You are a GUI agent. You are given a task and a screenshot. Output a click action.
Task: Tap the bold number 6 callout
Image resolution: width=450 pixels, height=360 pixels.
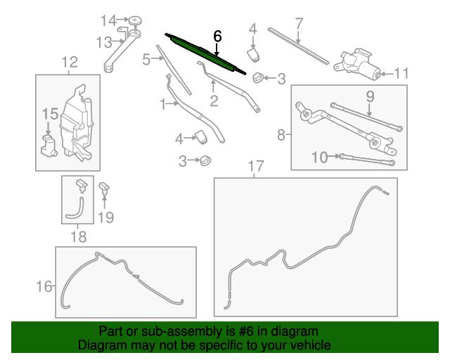pos(217,35)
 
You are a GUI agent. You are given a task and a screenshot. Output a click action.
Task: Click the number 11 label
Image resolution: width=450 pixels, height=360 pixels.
pos(401,72)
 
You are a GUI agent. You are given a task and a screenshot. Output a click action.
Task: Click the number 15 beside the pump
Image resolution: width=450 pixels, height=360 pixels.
pos(49,114)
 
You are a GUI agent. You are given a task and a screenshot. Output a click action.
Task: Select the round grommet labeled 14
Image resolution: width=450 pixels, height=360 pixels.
pos(134,20)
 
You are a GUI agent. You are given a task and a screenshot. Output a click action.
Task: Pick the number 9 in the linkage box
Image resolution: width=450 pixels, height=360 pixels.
pos(370,96)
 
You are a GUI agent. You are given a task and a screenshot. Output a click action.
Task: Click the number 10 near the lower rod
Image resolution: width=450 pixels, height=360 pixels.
pos(320,157)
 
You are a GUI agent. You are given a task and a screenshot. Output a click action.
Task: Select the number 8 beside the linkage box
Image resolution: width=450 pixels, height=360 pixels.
pos(281,134)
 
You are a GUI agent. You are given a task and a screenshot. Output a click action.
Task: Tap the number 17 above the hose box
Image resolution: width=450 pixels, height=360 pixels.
pos(255,166)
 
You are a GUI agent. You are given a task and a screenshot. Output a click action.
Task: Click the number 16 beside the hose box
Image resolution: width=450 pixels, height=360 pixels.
pos(44,285)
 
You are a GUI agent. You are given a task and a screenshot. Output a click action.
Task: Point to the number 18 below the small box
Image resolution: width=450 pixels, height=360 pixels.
pos(79,237)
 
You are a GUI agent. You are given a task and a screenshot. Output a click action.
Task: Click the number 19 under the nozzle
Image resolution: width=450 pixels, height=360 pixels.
pos(105,217)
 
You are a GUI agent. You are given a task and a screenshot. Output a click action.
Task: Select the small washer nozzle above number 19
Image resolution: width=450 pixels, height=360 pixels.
pos(104,187)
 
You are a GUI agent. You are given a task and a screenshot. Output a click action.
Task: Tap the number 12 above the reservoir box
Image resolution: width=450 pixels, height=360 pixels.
pos(69,64)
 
